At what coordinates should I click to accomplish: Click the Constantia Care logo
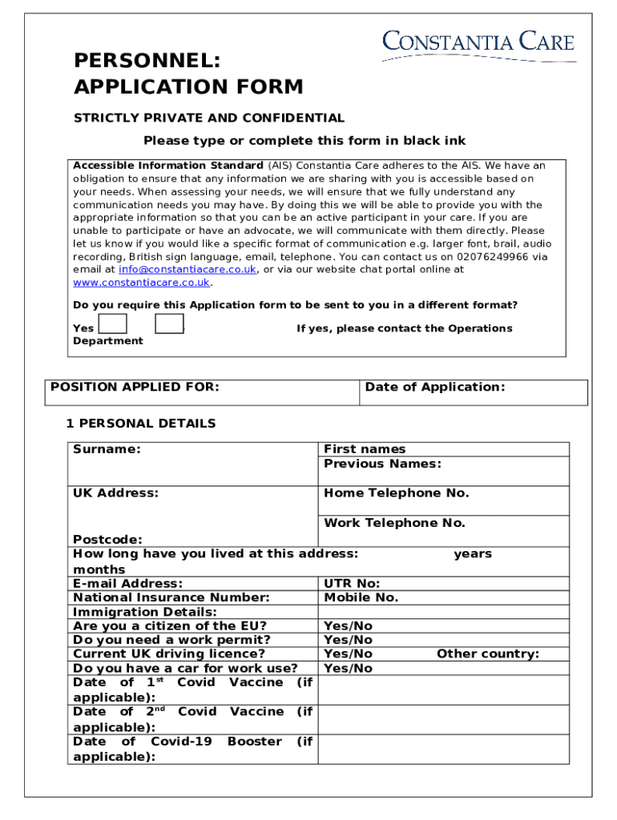tap(478, 44)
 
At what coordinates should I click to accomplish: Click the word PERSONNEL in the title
tap(147, 62)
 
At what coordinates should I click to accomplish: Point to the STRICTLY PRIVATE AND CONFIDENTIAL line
tap(209, 118)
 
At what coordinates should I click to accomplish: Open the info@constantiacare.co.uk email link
tap(188, 270)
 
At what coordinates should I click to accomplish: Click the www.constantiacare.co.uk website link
tap(142, 283)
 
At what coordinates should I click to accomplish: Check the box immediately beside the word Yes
tap(113, 324)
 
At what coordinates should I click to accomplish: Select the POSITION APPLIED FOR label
tap(135, 388)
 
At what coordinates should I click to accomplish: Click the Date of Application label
tap(435, 388)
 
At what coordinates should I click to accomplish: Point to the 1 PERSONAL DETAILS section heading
tap(141, 424)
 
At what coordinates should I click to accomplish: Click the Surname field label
tap(107, 449)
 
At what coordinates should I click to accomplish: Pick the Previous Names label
tap(382, 464)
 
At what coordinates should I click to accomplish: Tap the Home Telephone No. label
tap(396, 493)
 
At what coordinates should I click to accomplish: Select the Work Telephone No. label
tap(394, 523)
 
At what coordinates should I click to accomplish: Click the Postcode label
tap(107, 540)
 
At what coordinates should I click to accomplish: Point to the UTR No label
tap(352, 584)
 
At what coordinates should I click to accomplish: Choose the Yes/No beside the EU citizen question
tap(348, 626)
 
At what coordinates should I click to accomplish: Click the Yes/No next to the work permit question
tap(348, 640)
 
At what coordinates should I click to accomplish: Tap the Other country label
tap(487, 654)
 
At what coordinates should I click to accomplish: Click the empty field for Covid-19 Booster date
tap(444, 749)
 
